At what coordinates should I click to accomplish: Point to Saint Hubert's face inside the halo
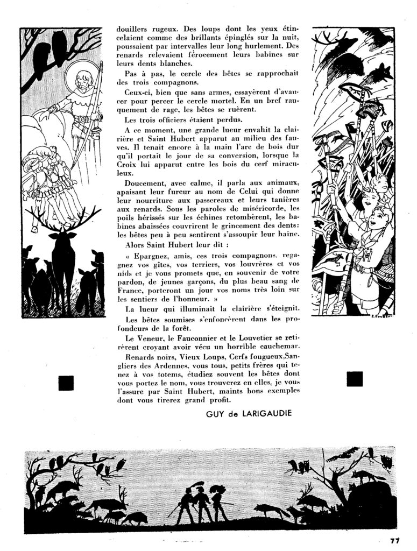pyautogui.click(x=82, y=79)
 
